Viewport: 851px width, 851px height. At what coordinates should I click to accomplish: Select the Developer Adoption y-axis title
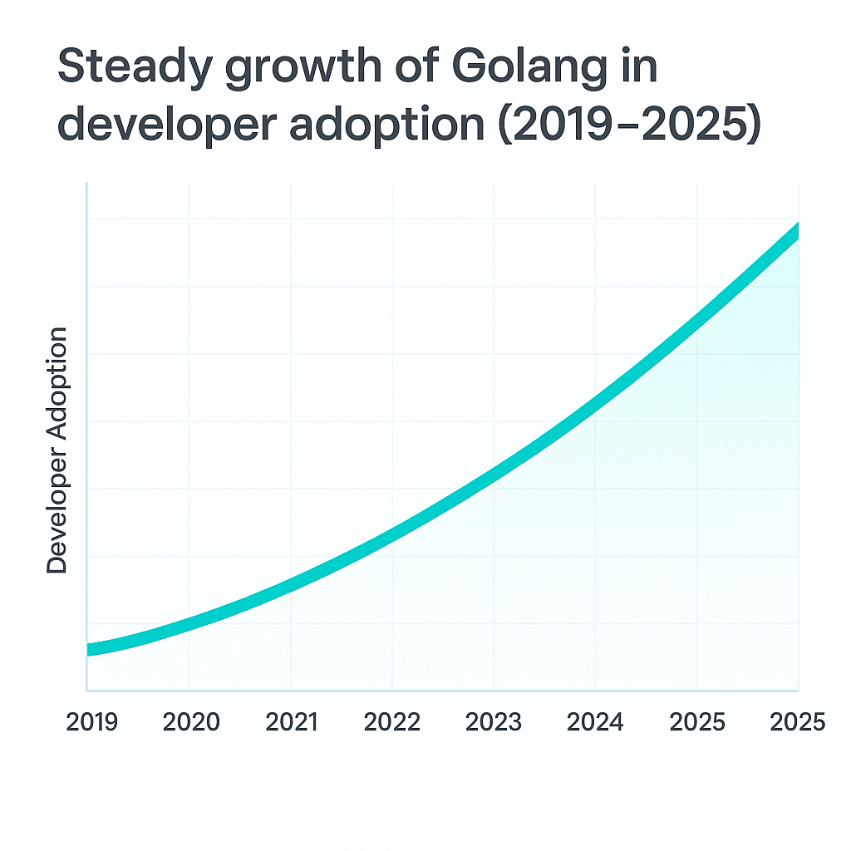pyautogui.click(x=57, y=450)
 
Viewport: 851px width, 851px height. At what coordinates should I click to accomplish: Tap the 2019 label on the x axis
pyautogui.click(x=91, y=722)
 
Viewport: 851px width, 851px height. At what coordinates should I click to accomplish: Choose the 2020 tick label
pyautogui.click(x=191, y=722)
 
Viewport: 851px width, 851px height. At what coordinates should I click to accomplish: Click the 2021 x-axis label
pyautogui.click(x=292, y=722)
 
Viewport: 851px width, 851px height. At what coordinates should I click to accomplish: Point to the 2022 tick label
pyautogui.click(x=392, y=722)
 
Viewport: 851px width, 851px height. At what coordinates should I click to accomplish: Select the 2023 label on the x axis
pyautogui.click(x=494, y=722)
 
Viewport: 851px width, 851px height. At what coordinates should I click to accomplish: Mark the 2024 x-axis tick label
pyautogui.click(x=595, y=722)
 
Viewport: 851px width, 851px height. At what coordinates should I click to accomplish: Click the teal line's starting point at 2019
pyautogui.click(x=88, y=650)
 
